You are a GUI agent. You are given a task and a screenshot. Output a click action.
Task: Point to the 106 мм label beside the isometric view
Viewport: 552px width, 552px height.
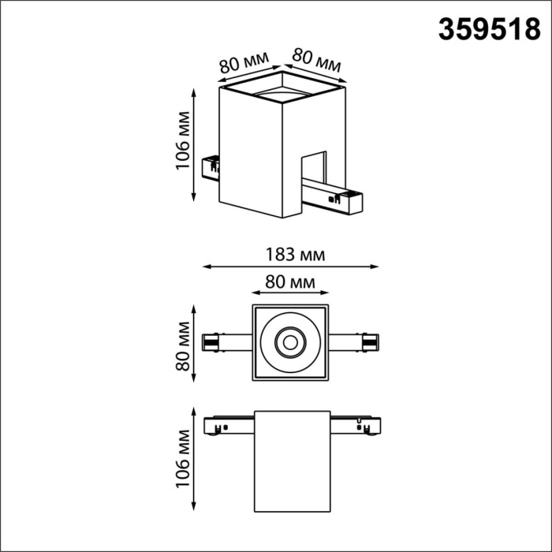pos(183,145)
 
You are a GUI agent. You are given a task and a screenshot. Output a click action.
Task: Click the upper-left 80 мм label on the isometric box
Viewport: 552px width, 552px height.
pos(241,65)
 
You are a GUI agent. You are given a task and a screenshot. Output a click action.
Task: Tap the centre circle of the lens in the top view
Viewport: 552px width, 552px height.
pos(289,343)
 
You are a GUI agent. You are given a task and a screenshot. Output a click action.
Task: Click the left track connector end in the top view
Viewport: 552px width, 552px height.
pos(211,343)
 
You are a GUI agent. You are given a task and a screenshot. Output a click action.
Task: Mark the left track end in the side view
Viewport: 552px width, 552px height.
pos(214,427)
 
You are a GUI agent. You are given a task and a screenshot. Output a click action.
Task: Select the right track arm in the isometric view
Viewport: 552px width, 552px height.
pos(335,198)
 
